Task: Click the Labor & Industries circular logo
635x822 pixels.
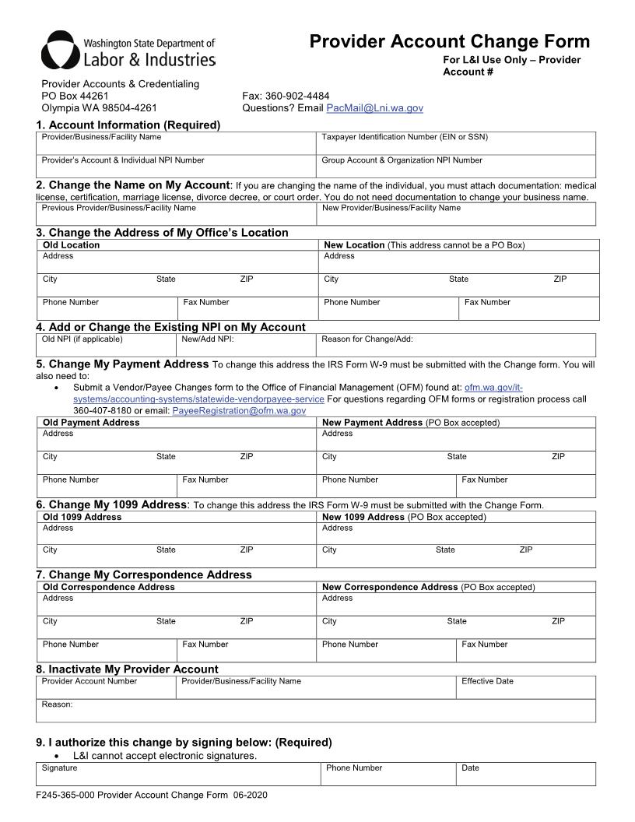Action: tap(59, 51)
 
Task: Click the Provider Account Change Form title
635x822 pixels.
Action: tap(449, 41)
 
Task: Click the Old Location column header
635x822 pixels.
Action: tap(72, 245)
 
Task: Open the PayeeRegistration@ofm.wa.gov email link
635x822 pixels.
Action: tap(238, 410)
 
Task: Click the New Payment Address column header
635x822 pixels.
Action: tap(372, 423)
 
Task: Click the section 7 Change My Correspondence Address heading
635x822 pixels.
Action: tap(144, 574)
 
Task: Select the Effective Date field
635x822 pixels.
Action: tap(525, 688)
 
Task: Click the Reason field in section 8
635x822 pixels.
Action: tap(315, 711)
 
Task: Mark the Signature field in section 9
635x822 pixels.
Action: tap(178, 775)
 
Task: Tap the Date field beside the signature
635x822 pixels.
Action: tap(525, 775)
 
